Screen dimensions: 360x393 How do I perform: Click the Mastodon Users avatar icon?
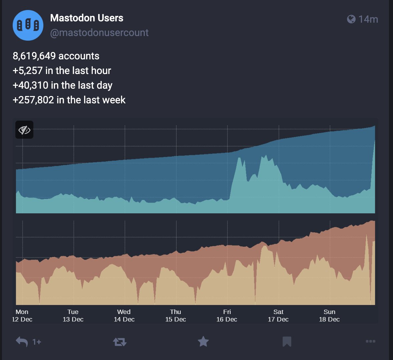click(28, 25)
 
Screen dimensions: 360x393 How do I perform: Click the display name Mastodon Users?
click(87, 18)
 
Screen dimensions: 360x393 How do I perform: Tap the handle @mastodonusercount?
click(99, 33)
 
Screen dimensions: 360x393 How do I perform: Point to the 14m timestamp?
click(368, 19)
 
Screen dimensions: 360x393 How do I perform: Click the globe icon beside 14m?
click(351, 19)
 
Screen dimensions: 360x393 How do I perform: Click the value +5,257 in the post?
click(28, 71)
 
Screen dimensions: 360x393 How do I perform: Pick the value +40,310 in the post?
click(30, 85)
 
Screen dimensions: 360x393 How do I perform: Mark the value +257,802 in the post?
click(33, 100)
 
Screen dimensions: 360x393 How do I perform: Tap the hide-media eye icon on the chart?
click(24, 130)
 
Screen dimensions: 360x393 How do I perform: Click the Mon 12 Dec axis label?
click(22, 315)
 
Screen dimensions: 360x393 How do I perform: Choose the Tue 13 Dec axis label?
click(73, 315)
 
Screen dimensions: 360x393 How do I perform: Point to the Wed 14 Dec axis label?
click(124, 315)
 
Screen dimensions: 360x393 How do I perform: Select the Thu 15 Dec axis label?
click(175, 315)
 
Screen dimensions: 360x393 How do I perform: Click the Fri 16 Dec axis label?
click(227, 315)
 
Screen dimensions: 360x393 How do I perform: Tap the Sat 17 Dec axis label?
click(278, 315)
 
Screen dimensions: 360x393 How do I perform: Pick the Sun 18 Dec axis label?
click(329, 315)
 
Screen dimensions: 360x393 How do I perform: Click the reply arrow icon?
click(22, 342)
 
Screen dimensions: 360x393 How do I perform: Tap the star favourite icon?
click(203, 342)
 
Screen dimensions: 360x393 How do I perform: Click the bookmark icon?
click(287, 342)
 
